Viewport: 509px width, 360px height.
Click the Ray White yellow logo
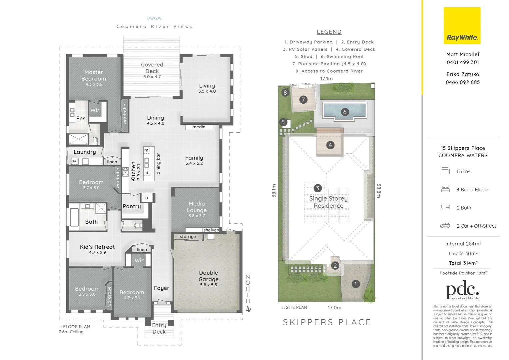(x=462, y=26)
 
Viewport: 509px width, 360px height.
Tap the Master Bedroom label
(x=94, y=76)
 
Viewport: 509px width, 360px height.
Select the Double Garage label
(x=209, y=276)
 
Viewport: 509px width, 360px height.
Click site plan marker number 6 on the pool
(x=345, y=112)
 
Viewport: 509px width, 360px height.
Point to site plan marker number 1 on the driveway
(x=355, y=284)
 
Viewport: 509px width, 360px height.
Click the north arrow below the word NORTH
(x=248, y=309)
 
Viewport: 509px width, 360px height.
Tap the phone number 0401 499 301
(x=463, y=62)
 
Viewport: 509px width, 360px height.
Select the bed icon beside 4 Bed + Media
(x=445, y=189)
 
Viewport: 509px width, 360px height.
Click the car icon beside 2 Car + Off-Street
(x=445, y=226)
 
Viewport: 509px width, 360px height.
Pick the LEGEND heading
(x=329, y=32)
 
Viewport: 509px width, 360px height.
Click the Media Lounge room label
(x=197, y=207)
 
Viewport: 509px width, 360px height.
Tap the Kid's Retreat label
(x=97, y=247)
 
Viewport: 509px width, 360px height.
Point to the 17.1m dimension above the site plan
(x=326, y=79)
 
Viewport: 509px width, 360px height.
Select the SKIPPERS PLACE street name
(x=327, y=322)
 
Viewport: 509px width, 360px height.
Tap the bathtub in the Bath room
(x=74, y=217)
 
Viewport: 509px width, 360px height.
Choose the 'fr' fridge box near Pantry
(x=147, y=197)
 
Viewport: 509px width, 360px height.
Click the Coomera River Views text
(x=155, y=26)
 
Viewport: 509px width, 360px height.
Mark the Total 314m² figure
(x=463, y=263)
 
